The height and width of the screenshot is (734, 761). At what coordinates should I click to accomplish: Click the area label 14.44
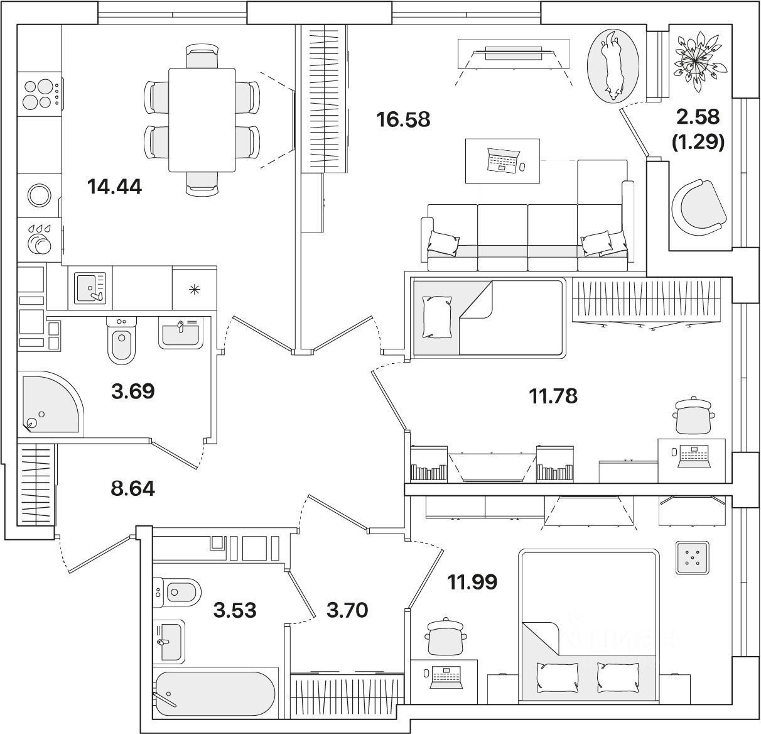(x=115, y=187)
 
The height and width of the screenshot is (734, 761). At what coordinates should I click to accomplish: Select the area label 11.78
(x=553, y=396)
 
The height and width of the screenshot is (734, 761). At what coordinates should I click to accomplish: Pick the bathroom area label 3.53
(x=235, y=610)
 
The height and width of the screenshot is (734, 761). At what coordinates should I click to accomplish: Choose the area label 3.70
(x=347, y=610)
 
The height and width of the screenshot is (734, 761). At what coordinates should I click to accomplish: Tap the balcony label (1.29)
(x=699, y=143)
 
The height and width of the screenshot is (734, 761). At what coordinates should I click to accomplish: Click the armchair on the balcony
(x=698, y=207)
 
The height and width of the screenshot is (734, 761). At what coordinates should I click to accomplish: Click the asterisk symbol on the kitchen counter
(x=195, y=289)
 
